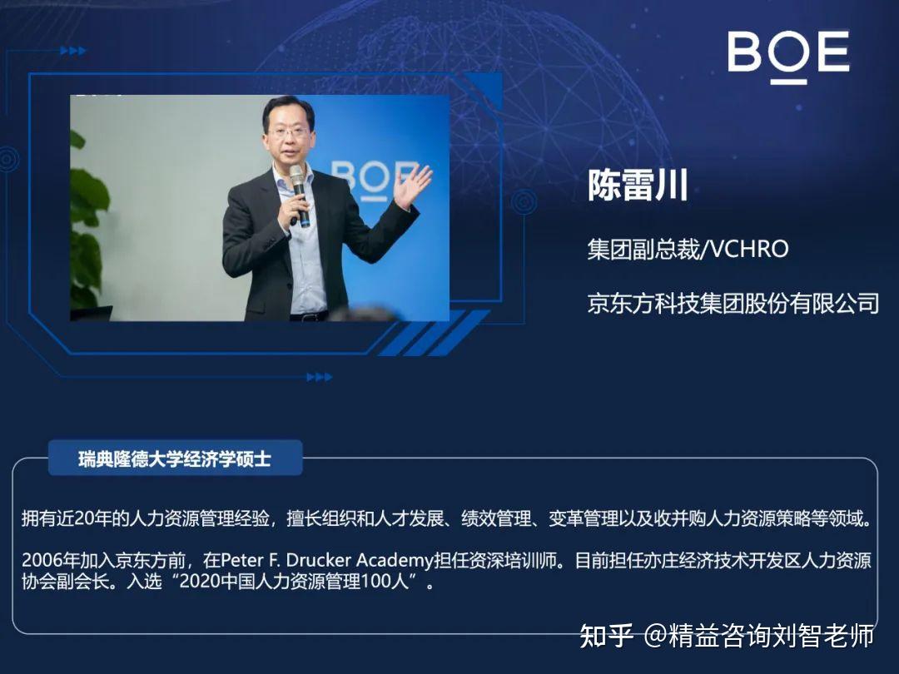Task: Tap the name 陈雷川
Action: point(638,185)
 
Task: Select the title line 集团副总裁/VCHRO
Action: point(688,250)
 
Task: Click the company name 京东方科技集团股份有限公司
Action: point(733,303)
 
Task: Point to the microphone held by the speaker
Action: point(299,195)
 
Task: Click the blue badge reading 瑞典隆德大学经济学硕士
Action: point(175,458)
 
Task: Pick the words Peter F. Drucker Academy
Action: point(327,560)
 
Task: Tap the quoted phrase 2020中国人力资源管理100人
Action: point(295,582)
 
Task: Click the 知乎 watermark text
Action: point(607,636)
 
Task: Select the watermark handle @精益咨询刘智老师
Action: point(758,636)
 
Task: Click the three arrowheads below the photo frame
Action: point(320,377)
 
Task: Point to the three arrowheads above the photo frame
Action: point(72,51)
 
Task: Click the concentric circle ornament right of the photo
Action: point(524,202)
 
